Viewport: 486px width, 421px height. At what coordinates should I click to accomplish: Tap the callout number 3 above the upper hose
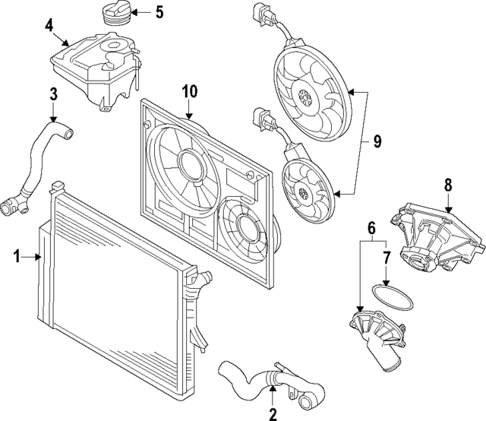point(53,94)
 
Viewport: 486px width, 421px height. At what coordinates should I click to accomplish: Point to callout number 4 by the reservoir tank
point(49,25)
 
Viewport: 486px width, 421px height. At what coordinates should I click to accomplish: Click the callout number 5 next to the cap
point(159,11)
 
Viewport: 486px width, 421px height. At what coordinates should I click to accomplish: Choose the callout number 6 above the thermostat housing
point(371,227)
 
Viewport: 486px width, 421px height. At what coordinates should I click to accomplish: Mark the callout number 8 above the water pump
point(448,184)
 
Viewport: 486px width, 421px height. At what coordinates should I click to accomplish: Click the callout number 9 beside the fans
point(377,141)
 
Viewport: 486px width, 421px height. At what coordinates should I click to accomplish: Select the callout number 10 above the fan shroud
point(189,92)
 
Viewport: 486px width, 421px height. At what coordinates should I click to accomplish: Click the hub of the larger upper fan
point(306,97)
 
